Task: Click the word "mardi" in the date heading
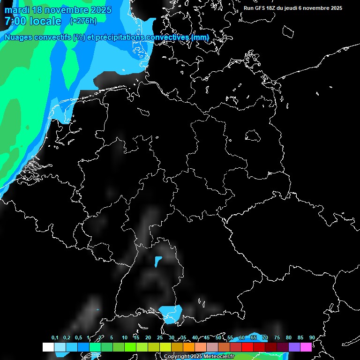click(18, 10)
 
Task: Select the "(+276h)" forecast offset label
click(83, 21)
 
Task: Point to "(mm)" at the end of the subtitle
click(201, 37)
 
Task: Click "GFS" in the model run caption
click(264, 8)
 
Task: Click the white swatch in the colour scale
click(48, 347)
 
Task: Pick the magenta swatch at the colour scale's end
click(306, 347)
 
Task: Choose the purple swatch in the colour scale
click(294, 347)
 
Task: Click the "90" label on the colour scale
click(312, 338)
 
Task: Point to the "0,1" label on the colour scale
click(55, 338)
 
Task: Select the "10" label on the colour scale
click(124, 338)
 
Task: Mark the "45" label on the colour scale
click(207, 338)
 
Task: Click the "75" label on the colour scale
click(277, 338)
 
